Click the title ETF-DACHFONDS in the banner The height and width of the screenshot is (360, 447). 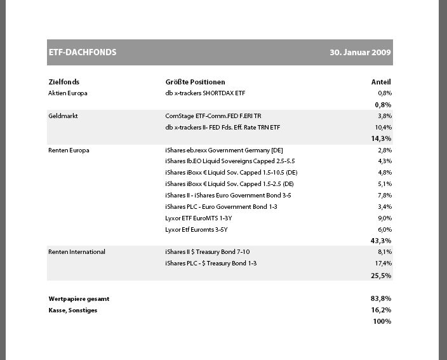[83, 53]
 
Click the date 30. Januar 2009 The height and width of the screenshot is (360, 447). [360, 53]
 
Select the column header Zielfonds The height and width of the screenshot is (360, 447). [63, 82]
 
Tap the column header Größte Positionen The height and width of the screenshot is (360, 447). [195, 82]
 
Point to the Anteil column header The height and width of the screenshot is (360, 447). [381, 82]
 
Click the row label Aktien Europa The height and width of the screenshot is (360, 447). [67, 93]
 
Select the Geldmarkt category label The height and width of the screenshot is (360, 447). [62, 116]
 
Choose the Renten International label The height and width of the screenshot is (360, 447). [76, 252]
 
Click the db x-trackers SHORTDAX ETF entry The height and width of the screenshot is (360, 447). [204, 93]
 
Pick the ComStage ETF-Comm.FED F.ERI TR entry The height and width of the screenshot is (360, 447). [213, 116]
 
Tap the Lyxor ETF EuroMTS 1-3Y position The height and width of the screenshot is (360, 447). [198, 218]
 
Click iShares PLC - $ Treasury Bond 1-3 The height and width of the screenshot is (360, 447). [210, 263]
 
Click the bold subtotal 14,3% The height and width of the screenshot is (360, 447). [381, 138]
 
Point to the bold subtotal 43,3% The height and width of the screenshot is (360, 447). [381, 241]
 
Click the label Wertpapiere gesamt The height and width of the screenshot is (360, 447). [74, 298]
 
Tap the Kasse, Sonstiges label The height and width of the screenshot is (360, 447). [72, 310]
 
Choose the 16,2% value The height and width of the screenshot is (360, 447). [381, 310]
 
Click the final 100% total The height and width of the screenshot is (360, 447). [382, 321]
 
